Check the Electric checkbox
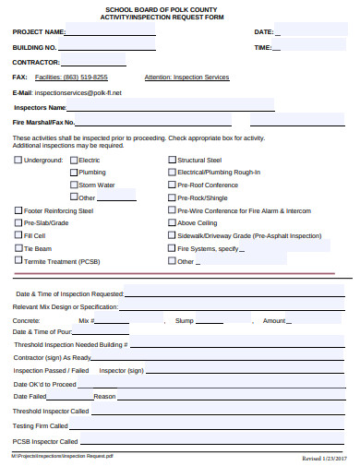pos(75,160)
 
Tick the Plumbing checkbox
pos(75,173)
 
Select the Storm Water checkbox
pos(75,185)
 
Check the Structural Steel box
pos(172,160)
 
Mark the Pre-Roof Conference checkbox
pos(172,185)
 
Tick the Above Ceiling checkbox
pos(172,222)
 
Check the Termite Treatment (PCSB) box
pos(18,261)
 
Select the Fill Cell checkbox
pos(18,235)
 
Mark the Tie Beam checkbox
pos(18,248)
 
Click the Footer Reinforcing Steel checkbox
pos(18,209)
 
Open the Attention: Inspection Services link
pos(186,78)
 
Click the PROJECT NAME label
pos(39,32)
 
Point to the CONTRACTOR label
pos(36,63)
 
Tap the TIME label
pos(262,48)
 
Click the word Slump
pos(185,320)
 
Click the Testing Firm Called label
pos(41,426)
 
